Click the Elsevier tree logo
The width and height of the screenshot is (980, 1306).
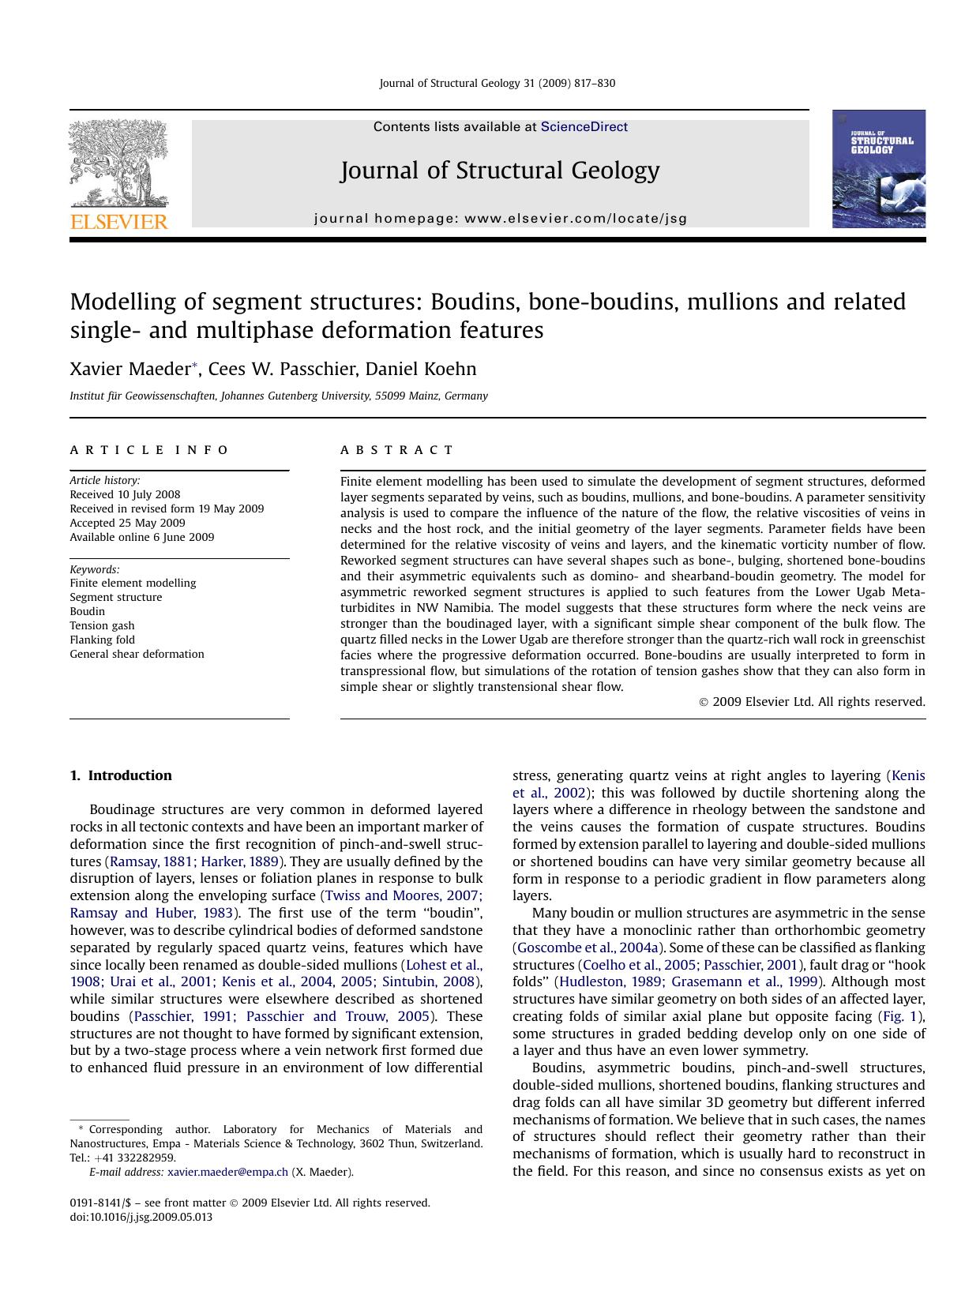coord(118,163)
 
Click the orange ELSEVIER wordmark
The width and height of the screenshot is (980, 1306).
coord(119,222)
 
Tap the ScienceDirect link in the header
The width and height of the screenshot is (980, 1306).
coord(584,127)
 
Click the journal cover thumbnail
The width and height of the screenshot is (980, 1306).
coord(878,169)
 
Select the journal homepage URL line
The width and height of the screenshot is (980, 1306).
coord(501,219)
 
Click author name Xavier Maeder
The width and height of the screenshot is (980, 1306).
coord(130,370)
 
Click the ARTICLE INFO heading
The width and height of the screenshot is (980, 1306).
coord(149,450)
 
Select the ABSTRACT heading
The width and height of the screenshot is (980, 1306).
coord(397,450)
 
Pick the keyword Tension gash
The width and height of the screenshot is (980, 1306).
coord(102,625)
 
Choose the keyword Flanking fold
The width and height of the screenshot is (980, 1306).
coord(102,640)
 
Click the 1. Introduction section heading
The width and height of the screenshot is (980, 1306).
coord(121,775)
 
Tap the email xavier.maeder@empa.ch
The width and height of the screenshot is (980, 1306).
coord(227,1173)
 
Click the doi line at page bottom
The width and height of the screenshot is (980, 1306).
coord(141,1217)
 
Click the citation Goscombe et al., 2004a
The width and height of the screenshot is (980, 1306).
coord(588,948)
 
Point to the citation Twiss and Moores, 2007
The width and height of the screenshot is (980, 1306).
coord(404,895)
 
